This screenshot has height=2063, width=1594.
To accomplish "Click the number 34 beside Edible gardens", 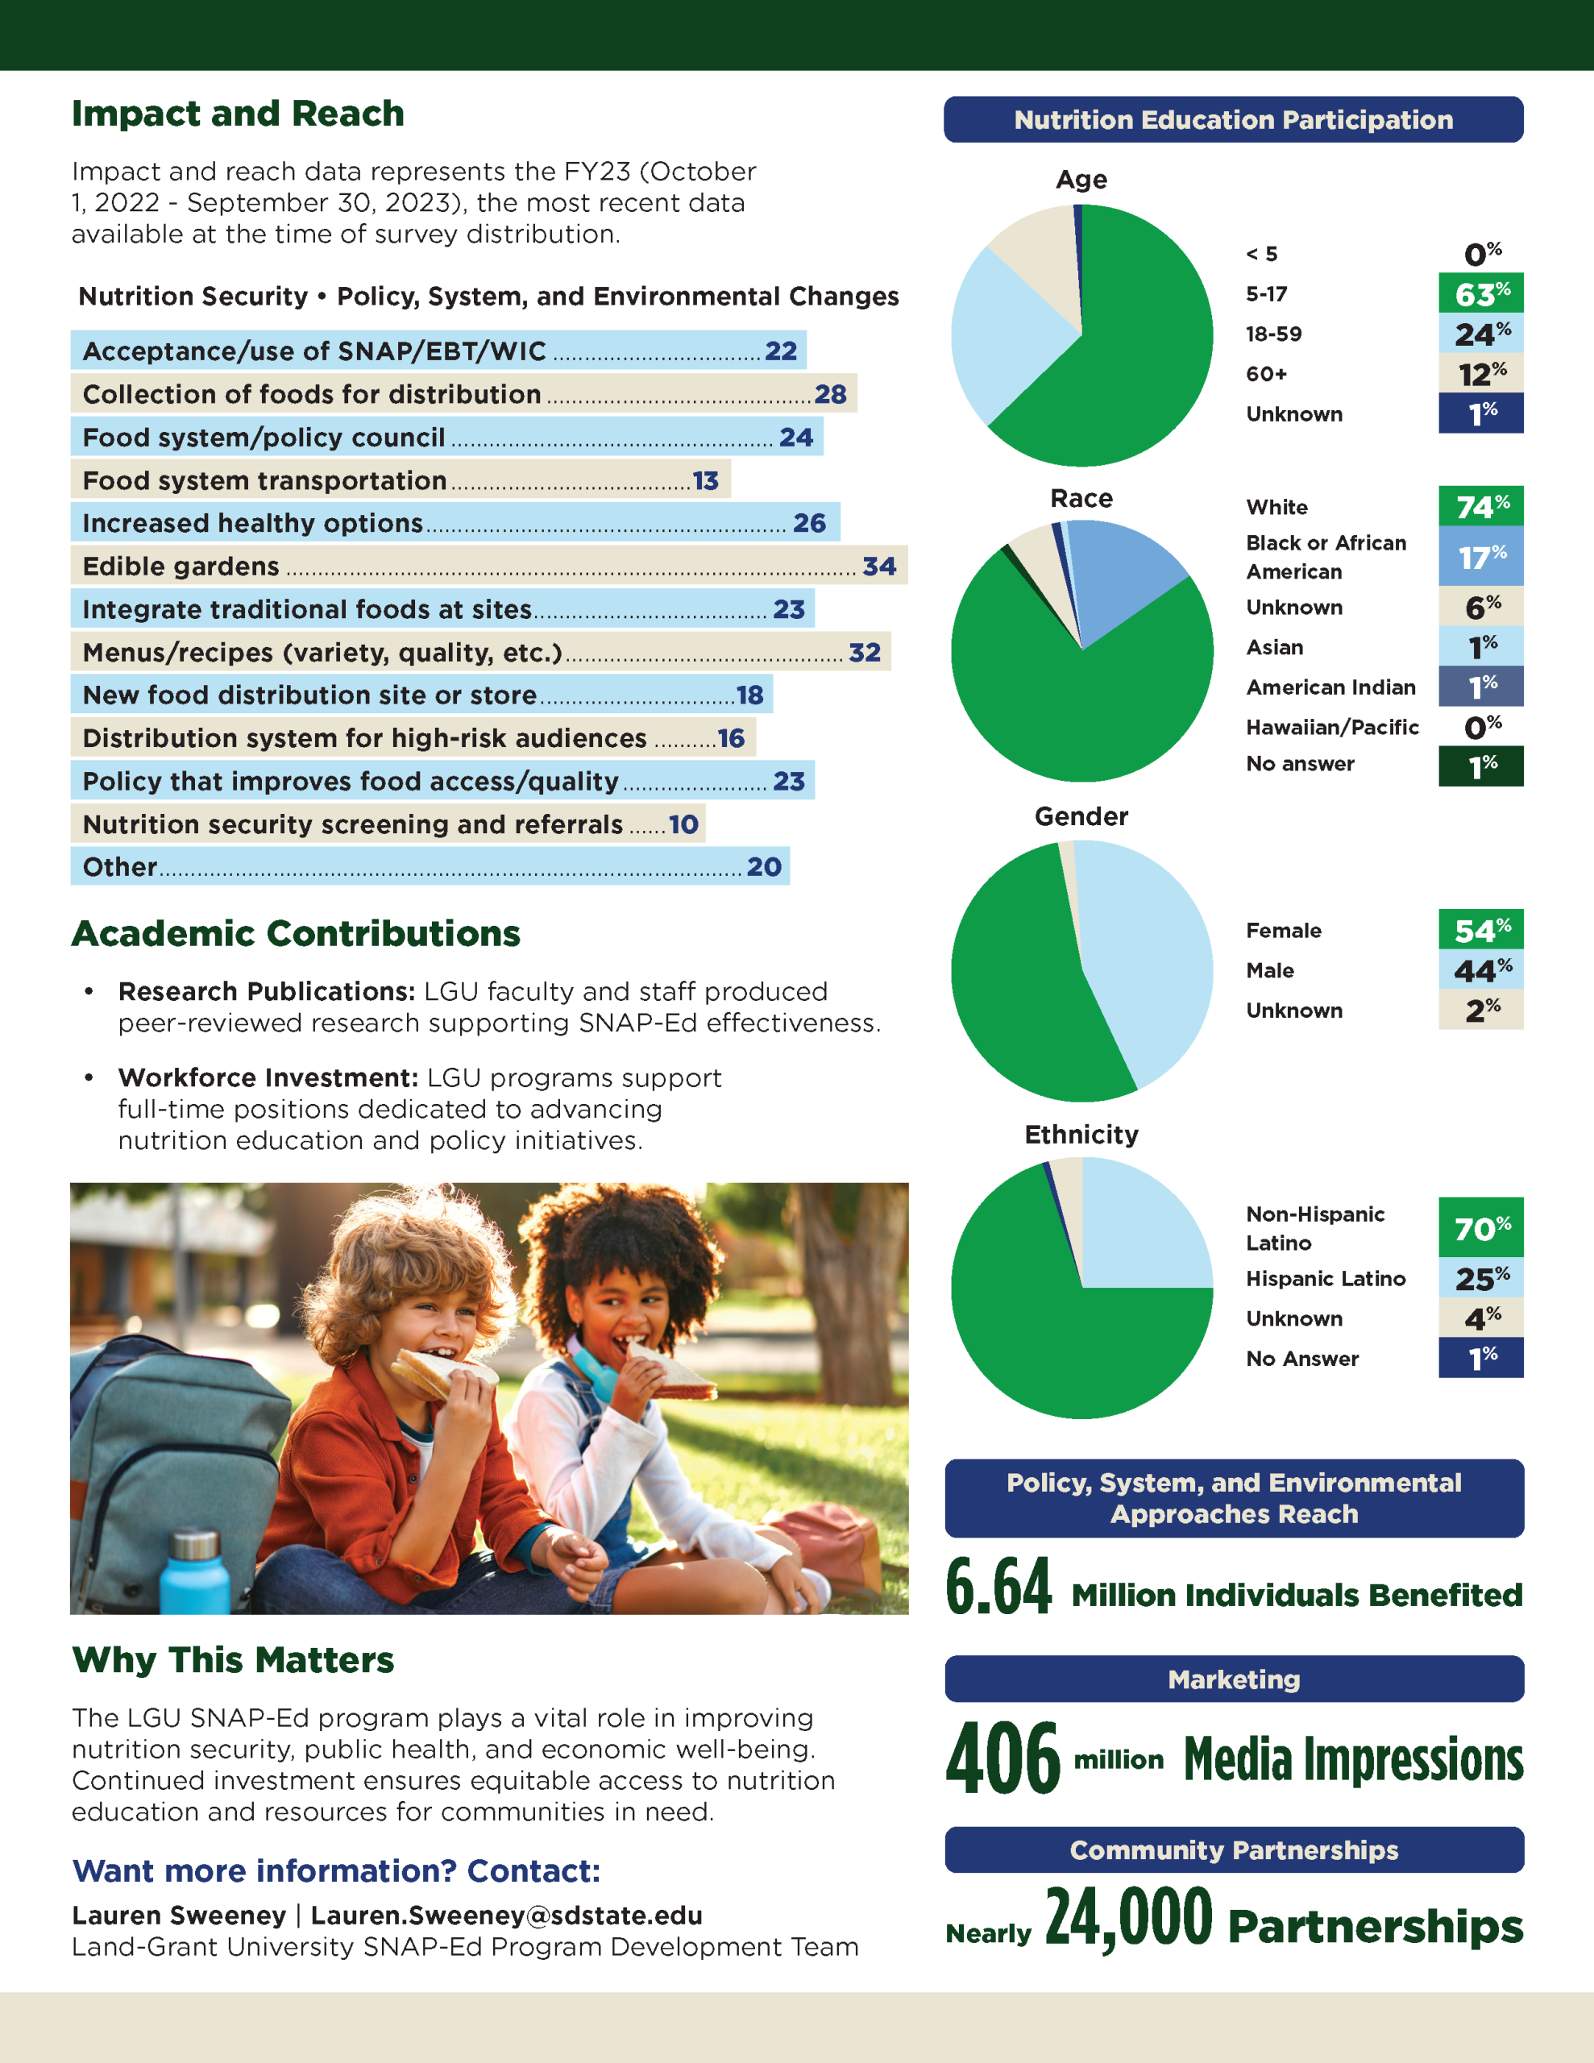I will pyautogui.click(x=878, y=566).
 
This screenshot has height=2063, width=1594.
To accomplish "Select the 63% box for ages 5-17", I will pyautogui.click(x=1480, y=294).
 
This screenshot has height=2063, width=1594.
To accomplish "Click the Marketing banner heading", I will pyautogui.click(x=1233, y=1679).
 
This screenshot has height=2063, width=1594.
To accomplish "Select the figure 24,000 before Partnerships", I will pyautogui.click(x=1128, y=1917).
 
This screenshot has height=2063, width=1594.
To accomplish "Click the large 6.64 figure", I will pyautogui.click(x=998, y=1587).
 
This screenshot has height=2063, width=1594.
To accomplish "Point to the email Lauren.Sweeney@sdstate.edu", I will pyautogui.click(x=506, y=1915).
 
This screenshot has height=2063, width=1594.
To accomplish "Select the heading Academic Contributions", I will pyautogui.click(x=296, y=933).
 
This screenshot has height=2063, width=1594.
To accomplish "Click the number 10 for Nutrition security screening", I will pyautogui.click(x=683, y=824).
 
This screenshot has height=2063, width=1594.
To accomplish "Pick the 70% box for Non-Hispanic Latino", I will pyautogui.click(x=1480, y=1228).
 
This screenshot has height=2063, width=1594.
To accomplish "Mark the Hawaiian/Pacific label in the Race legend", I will pyautogui.click(x=1331, y=728).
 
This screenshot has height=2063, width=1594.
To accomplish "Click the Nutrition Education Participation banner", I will pyautogui.click(x=1233, y=120).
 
